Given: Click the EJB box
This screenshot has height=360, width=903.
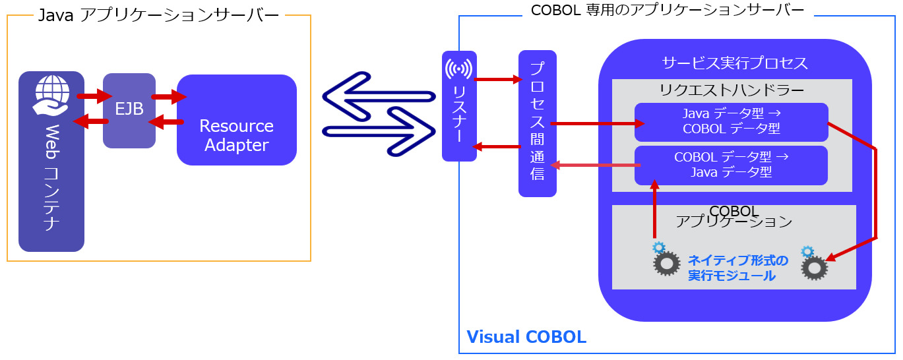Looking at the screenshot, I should click(129, 109).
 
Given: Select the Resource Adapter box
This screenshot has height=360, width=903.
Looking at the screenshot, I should click(236, 121).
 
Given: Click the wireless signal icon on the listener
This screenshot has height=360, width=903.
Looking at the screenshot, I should click(458, 69).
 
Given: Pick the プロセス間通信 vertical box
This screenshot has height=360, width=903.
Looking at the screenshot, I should click(537, 123).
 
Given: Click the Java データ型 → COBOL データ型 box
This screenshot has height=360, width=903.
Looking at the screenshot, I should click(731, 122).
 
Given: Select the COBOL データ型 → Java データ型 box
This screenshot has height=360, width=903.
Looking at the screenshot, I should click(731, 165).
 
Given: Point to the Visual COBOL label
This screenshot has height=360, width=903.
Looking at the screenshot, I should click(526, 337).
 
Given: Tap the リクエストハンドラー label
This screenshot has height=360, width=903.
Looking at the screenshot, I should click(732, 89).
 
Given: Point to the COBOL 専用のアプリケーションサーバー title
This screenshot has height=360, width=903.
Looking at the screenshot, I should click(668, 11).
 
